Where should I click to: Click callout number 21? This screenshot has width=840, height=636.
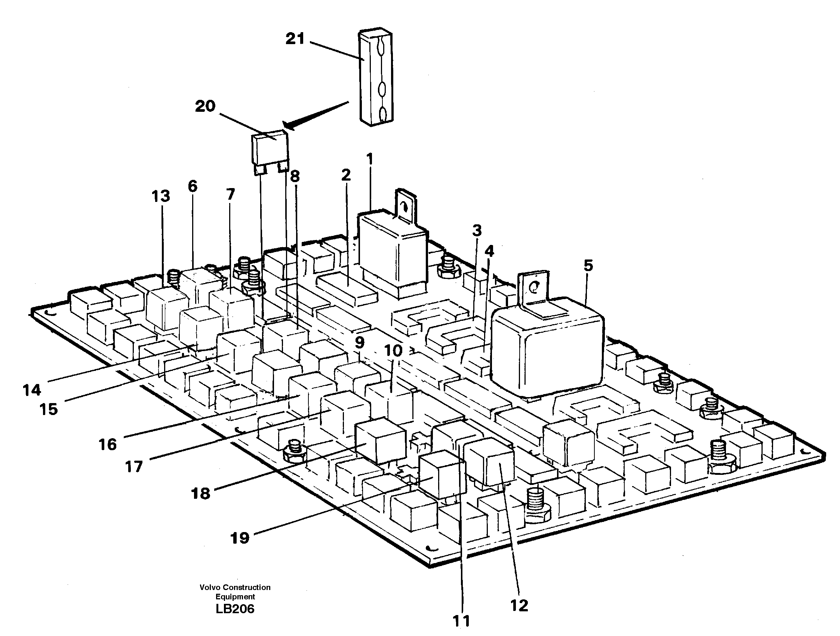295,39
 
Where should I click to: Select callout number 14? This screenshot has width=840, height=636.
31,390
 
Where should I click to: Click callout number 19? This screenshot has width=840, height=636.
240,538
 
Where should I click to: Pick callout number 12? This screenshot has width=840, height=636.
519,605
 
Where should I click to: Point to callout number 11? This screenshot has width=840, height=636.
462,621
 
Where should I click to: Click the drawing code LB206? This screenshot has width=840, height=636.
235,609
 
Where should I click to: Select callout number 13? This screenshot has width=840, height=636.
161,196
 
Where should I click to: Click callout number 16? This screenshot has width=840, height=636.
107,444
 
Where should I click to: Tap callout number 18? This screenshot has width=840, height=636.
201,494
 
